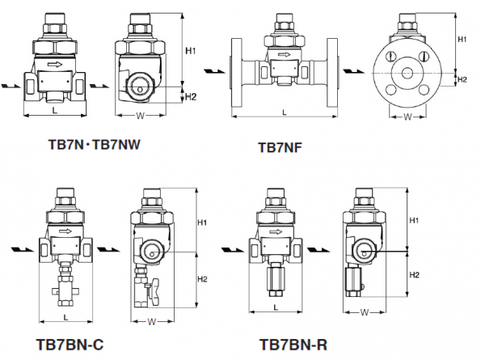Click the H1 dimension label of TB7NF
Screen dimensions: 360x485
[x=462, y=39]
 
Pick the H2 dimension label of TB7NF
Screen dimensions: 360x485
[x=462, y=79]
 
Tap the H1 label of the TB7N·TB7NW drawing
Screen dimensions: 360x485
[x=191, y=51]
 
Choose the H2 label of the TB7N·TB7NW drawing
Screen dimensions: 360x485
[x=191, y=97]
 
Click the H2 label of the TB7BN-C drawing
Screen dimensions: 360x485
[x=203, y=279]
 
